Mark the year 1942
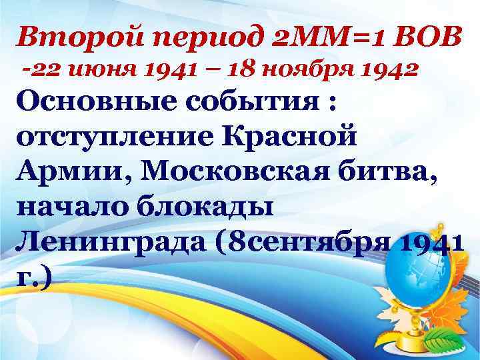(387, 69)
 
